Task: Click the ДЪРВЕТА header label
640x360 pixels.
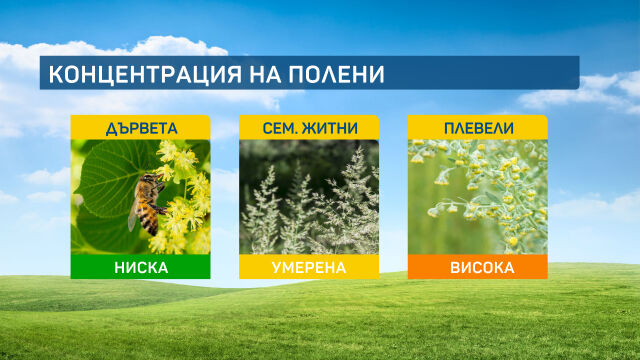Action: pos(140,128)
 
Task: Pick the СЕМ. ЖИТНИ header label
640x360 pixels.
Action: pos(308,128)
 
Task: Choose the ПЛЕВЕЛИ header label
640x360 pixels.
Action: pos(477,128)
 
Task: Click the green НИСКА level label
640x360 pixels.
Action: pos(140,267)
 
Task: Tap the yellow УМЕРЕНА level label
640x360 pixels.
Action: pos(308,267)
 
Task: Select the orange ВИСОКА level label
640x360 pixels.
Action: pos(477,267)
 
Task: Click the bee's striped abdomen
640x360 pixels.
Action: pos(151,221)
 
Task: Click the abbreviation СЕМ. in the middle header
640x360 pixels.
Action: pos(281,128)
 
